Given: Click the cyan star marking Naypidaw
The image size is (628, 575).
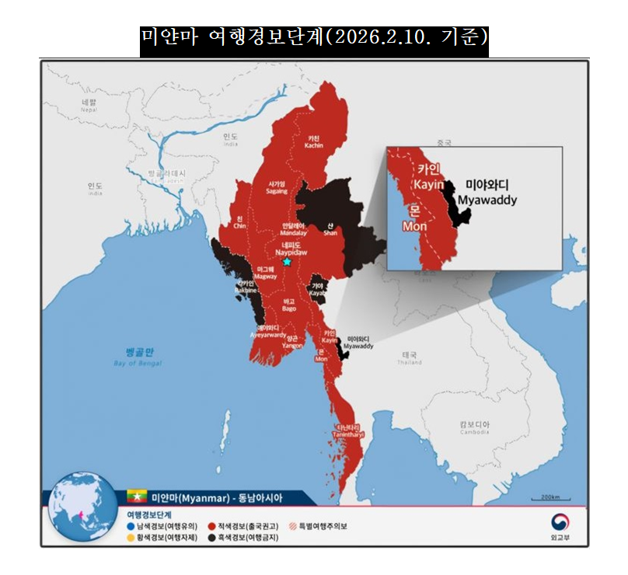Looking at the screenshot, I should [x=287, y=262].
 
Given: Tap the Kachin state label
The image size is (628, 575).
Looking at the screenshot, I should [x=314, y=141].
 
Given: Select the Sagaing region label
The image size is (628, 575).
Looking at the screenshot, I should [x=277, y=187].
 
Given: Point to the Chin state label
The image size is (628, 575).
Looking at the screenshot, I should [x=239, y=222].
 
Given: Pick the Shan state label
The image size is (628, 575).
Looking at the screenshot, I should [x=330, y=228].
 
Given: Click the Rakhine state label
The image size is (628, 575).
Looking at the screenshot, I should [x=246, y=286].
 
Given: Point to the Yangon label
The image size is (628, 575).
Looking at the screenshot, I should [x=293, y=342].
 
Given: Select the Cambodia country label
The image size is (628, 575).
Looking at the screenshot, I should [x=473, y=427].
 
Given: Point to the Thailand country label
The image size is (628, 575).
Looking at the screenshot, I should [x=410, y=357].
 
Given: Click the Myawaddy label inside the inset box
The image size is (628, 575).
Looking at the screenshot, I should [x=486, y=193].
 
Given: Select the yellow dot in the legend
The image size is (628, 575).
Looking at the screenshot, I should [x=131, y=537].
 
